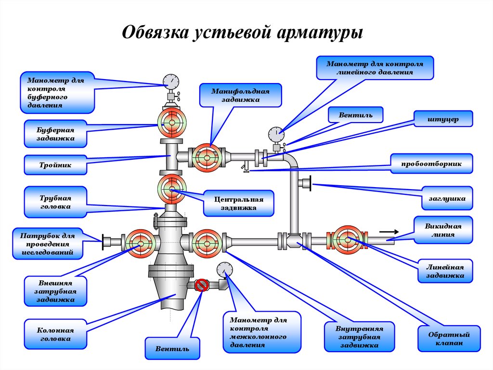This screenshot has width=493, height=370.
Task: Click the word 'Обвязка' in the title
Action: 156,32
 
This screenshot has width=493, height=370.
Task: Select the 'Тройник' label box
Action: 55,165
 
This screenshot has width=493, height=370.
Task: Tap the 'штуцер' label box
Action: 443,119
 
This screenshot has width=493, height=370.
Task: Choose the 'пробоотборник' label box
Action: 431,164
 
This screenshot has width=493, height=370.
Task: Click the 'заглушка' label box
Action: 447,198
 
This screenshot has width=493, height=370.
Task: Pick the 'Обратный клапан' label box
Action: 449,339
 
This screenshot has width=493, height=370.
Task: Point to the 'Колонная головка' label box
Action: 55,334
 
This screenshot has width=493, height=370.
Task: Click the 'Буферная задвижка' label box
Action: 55,134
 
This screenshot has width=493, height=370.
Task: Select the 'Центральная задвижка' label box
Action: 239,203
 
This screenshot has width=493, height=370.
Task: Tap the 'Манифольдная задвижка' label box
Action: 241,95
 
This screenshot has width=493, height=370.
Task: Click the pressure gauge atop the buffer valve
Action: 171,82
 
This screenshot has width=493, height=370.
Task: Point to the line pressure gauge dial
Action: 276,135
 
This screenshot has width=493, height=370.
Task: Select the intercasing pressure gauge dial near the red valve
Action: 225,271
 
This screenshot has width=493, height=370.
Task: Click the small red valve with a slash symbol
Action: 202,285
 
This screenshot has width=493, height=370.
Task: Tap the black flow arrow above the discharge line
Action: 389,232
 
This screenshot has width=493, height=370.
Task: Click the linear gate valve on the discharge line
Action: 348,240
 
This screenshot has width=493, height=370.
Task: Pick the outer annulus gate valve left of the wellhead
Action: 141,243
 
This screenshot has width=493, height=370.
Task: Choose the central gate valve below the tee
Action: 172,189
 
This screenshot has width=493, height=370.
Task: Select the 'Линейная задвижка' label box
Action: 445,271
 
